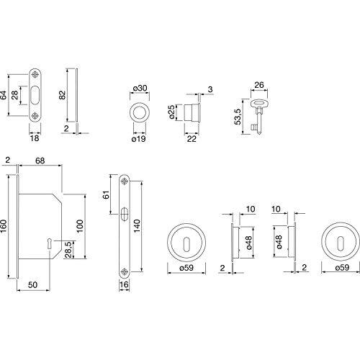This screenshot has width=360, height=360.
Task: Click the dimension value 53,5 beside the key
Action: tap(238, 117)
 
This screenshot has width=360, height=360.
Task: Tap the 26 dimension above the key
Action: tap(259, 85)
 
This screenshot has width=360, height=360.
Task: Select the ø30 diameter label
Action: tap(140, 89)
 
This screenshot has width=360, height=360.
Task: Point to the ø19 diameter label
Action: tap(139, 139)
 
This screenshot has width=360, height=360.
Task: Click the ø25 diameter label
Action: tap(171, 112)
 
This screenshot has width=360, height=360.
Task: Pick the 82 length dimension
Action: tap(62, 95)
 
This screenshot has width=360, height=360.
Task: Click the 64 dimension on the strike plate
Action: tap(4, 95)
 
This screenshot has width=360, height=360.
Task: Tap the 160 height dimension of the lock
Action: tap(4, 226)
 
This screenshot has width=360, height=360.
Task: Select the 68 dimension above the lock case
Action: tap(40, 161)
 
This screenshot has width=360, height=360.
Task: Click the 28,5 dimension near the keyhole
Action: tap(68, 250)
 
